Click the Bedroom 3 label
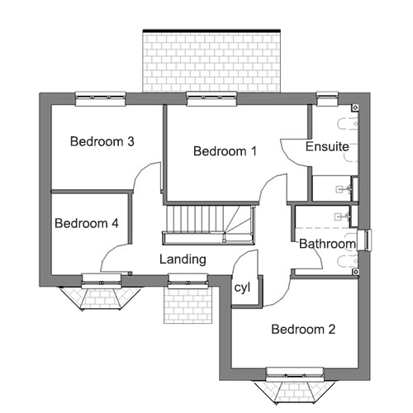point(102,141)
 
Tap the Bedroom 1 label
point(225,151)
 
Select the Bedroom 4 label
point(87,223)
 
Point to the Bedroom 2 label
point(303,330)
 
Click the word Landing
point(183,259)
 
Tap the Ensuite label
point(327,146)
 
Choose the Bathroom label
point(327,244)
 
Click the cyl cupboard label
point(242,287)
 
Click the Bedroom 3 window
point(101,98)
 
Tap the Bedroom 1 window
point(211,98)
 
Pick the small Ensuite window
point(327,98)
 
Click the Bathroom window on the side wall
point(364,240)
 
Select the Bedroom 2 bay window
point(295,386)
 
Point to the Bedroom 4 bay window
point(102,292)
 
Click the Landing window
point(188,281)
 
